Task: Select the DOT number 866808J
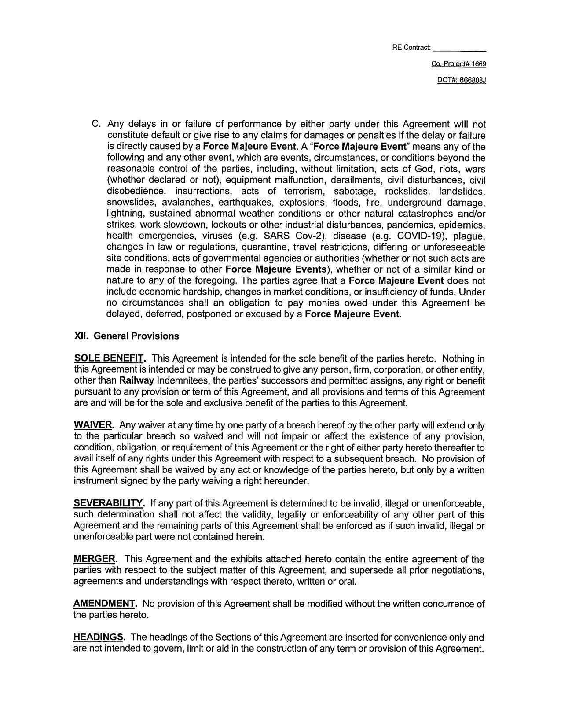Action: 473,81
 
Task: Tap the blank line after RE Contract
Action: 459,48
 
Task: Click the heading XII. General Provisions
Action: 127,336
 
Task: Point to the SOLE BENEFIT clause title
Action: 110,358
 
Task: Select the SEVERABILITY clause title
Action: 109,503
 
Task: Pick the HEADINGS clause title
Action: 100,637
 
